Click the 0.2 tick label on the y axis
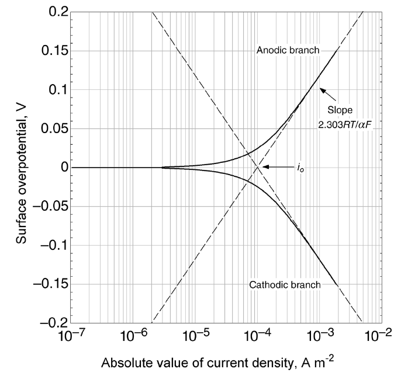click(51, 12)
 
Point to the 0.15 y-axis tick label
click(48, 51)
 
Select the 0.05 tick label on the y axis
click(48, 128)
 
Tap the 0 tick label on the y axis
click(57, 168)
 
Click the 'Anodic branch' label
click(288, 50)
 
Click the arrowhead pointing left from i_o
click(265, 167)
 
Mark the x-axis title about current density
click(229, 363)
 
